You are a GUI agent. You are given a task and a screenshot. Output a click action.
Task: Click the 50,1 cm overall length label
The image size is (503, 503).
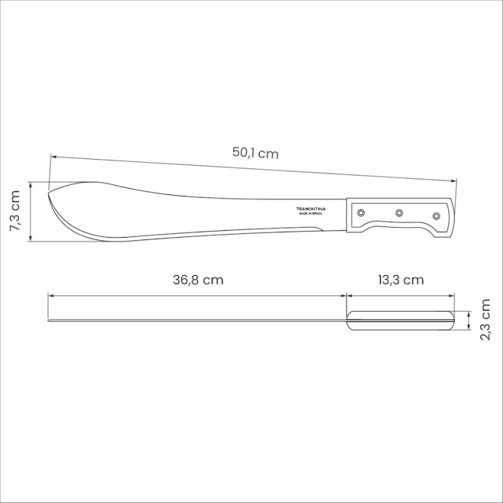point(255,153)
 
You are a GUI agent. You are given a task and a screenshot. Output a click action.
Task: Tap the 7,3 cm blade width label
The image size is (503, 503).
point(14,211)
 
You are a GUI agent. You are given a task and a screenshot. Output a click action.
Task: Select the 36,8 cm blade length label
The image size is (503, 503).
point(198,280)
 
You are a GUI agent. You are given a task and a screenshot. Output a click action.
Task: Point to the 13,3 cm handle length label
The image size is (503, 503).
point(401,280)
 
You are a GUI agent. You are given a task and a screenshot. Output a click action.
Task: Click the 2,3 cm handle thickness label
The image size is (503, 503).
point(485,319)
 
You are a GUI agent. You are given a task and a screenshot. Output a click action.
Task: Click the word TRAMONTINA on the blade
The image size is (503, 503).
point(311,209)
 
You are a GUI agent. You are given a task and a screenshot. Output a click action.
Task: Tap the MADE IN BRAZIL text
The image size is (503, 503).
point(311,214)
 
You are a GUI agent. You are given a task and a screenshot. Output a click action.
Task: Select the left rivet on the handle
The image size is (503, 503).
point(361,213)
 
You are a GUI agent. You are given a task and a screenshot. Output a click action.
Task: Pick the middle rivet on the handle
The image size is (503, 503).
point(399,213)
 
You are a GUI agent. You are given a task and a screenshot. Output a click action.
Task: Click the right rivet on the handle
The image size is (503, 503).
point(436,216)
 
